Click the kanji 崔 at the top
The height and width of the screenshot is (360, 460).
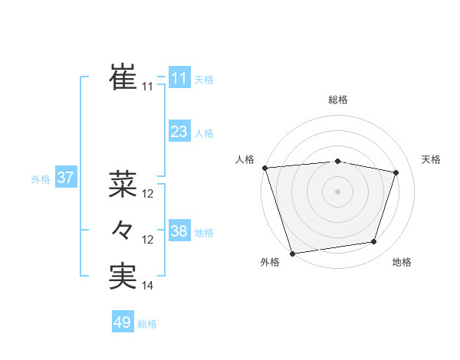tap(123, 77)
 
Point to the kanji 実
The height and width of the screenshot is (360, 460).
tap(123, 277)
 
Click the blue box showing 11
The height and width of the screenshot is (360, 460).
tap(179, 78)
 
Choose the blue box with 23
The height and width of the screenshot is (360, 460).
tap(179, 132)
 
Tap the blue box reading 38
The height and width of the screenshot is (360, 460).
tap(179, 231)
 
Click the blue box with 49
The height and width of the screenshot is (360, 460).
tap(123, 322)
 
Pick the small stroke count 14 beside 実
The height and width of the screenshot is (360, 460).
tap(148, 286)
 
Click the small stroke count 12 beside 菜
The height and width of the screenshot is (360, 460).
tap(148, 194)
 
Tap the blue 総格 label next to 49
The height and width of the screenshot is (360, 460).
tap(147, 324)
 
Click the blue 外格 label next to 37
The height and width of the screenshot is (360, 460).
tap(41, 179)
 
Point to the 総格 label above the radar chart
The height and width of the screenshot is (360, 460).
tap(338, 100)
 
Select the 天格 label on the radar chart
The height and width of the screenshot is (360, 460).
tap(432, 159)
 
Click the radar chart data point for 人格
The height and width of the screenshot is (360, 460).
tap(264, 168)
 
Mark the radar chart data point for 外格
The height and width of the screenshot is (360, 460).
tap(292, 253)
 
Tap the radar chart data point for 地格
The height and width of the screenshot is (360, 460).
tap(374, 242)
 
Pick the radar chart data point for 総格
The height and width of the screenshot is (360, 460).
tap(338, 161)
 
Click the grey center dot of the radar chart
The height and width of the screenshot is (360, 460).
tap(338, 191)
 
